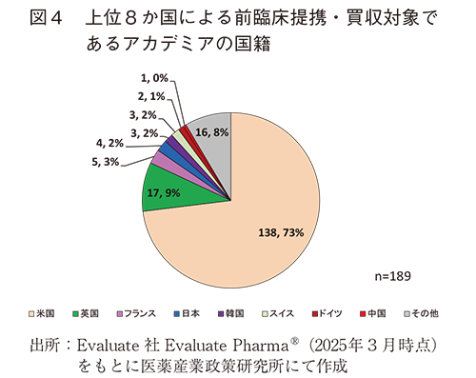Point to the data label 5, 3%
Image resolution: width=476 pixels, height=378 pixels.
(x=105, y=162)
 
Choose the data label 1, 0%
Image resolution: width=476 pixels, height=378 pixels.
(x=153, y=78)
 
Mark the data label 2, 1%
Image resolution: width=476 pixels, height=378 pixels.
(x=150, y=95)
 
